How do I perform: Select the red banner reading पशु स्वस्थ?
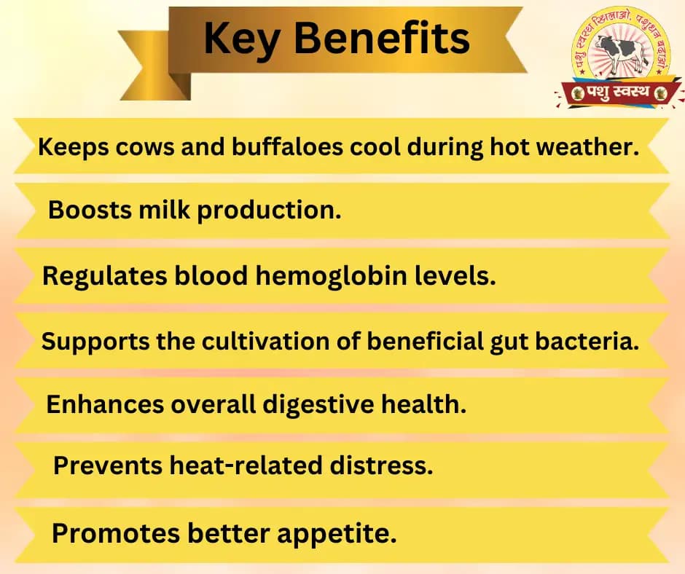coord(619,92)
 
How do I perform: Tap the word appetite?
coord(339,534)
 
